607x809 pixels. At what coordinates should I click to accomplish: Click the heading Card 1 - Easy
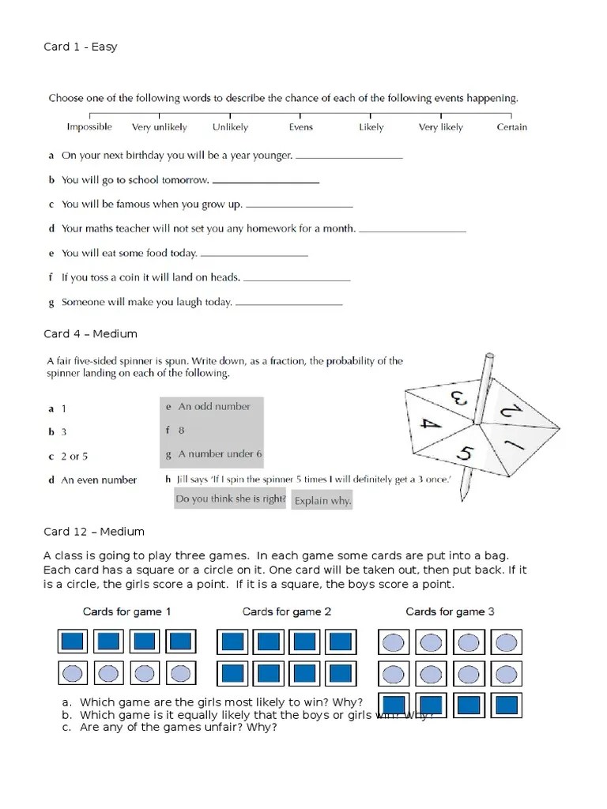pos(80,47)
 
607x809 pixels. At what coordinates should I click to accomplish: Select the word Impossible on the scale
pos(89,127)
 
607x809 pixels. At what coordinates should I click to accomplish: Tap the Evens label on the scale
pos(301,127)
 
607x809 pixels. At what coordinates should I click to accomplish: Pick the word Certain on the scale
pos(511,127)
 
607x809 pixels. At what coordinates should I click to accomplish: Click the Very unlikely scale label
pos(159,127)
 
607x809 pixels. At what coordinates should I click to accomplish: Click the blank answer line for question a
pos(349,157)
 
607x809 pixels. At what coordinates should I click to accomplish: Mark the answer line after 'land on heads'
pos(296,279)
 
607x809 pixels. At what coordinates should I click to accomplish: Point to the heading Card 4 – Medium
pos(90,334)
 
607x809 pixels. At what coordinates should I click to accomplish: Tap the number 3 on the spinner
pos(457,396)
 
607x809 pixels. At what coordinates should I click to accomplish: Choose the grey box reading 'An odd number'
pos(211,407)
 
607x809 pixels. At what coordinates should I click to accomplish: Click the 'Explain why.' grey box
pos(322,501)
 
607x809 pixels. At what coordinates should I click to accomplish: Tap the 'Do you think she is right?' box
pos(230,499)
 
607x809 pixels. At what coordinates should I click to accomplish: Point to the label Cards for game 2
pos(286,611)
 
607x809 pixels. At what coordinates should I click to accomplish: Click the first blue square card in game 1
pos(72,642)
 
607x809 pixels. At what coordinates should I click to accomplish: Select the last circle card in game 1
pos(181,673)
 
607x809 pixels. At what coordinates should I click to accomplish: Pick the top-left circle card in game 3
pos(393,642)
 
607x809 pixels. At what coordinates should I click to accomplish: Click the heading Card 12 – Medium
pos(93,532)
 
